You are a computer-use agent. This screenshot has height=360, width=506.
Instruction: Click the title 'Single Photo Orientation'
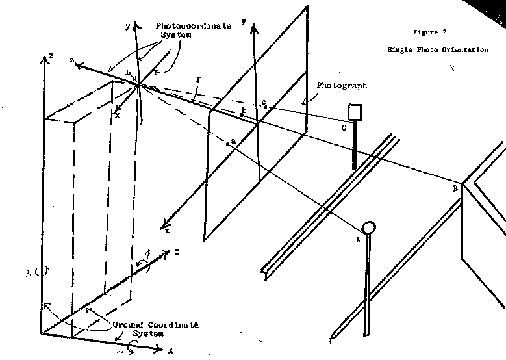(x=437, y=49)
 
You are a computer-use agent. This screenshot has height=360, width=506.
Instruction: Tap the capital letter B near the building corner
(x=455, y=188)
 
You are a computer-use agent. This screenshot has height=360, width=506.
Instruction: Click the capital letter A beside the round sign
(x=357, y=238)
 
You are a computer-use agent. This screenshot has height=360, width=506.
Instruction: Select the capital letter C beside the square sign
(x=344, y=128)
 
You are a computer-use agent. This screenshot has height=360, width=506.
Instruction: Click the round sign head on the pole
(x=369, y=227)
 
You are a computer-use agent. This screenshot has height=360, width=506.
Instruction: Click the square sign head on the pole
(x=355, y=112)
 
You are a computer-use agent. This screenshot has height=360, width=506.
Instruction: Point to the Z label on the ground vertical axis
(x=50, y=57)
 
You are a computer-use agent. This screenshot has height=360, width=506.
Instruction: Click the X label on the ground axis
(x=171, y=350)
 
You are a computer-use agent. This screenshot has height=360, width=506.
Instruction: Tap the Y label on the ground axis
(x=177, y=250)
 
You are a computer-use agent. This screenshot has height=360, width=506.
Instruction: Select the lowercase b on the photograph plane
(x=244, y=112)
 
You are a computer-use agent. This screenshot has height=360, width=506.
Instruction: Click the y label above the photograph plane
(x=243, y=21)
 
